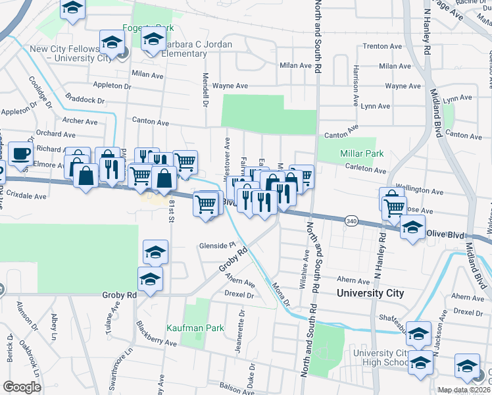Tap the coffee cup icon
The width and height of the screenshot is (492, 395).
[20, 153]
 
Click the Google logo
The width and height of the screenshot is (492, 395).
[22, 387]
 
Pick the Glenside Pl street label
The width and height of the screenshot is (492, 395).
[218, 246]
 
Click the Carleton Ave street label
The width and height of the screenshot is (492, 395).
[366, 170]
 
